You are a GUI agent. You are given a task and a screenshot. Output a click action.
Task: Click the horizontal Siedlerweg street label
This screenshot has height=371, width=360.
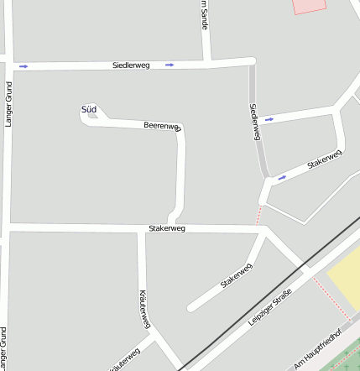coord(131,65)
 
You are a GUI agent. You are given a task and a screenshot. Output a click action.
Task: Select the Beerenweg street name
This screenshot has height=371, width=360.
coord(162,125)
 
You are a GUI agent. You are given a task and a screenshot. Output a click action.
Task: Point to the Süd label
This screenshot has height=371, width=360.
coord(89,109)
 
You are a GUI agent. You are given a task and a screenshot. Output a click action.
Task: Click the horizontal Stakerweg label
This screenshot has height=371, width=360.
coord(166,227)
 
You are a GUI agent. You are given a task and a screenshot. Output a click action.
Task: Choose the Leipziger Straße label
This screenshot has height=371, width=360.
coord(269,307)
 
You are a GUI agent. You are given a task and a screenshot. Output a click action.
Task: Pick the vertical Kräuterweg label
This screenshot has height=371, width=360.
coord(144,310)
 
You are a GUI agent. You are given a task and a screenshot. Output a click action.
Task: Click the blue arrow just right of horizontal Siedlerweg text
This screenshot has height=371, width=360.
coord(170,64)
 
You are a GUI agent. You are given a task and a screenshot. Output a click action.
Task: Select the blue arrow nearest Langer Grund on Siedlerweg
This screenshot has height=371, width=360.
coord(23,65)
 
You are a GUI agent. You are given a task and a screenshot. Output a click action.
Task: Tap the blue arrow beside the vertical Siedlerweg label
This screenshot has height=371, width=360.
coord(269,119)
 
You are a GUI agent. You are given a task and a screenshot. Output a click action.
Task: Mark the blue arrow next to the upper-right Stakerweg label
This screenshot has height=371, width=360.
coord(282,177)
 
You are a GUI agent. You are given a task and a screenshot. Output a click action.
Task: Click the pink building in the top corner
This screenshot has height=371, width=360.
coord(309,5)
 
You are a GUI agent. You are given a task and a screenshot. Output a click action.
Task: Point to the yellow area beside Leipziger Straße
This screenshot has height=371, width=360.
coord(345,276)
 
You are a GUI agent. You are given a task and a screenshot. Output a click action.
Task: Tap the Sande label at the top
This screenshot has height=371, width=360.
coord(204,15)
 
